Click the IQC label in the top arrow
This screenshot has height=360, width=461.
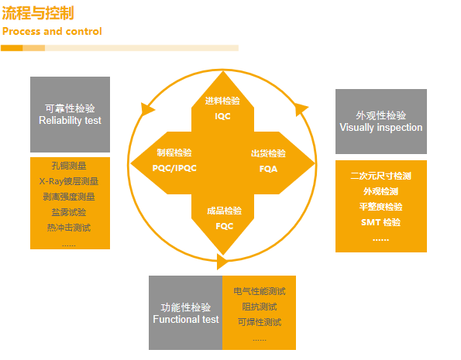tap(222, 116)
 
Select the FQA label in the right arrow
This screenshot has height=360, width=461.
tap(268, 169)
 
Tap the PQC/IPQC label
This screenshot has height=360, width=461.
tap(174, 168)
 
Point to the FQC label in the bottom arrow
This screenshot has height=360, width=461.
tap(225, 226)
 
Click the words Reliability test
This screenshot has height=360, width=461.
tap(70, 120)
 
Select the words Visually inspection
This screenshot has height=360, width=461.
tap(381, 127)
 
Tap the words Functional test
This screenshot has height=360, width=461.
tap(186, 319)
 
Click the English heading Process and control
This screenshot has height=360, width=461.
tap(52, 31)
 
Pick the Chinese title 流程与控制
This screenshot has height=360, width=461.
tap(38, 13)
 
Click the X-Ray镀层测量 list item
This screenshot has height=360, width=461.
tap(69, 181)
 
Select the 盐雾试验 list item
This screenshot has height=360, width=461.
tap(69, 212)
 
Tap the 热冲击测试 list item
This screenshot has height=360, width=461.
tap(69, 228)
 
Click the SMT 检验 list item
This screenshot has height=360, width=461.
tap(380, 222)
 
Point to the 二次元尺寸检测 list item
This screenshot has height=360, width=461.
tap(380, 176)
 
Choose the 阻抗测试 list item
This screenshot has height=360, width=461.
tap(260, 307)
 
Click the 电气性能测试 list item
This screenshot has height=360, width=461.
tap(260, 291)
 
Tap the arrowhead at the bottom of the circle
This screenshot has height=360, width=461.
tap(222, 262)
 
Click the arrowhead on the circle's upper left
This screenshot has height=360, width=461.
tap(146, 109)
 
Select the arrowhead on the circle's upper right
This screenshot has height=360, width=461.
tap(301, 109)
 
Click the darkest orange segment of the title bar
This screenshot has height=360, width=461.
tap(12, 48)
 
